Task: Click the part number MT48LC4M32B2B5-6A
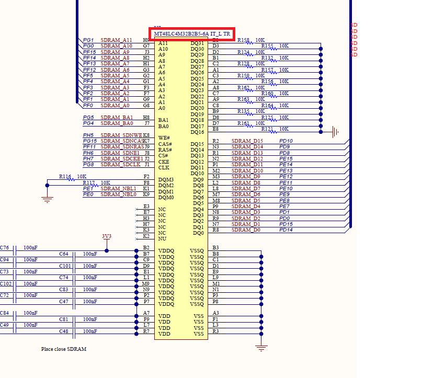click(x=181, y=34)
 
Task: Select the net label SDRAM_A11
click(x=116, y=40)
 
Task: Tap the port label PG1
click(x=88, y=40)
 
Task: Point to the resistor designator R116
click(x=65, y=177)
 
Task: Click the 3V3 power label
click(x=107, y=236)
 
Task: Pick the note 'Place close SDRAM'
click(x=64, y=349)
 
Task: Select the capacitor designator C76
click(x=4, y=248)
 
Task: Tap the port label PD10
click(x=286, y=141)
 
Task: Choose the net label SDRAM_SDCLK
click(x=121, y=165)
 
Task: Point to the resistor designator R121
click(x=267, y=129)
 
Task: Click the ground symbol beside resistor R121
click(x=335, y=132)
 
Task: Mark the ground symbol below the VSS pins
click(x=261, y=347)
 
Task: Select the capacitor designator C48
click(x=64, y=331)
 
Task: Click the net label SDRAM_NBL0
click(x=118, y=194)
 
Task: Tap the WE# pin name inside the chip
click(x=164, y=138)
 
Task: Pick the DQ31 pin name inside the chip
click(x=197, y=43)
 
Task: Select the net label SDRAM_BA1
click(x=117, y=118)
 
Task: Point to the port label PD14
click(x=286, y=230)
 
